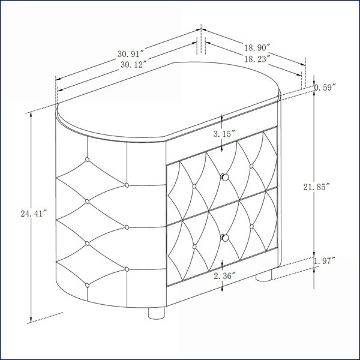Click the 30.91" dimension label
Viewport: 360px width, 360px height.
[x=130, y=54]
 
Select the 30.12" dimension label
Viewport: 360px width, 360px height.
[x=133, y=65]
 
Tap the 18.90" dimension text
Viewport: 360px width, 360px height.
[x=256, y=48]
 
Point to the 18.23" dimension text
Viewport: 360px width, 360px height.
[x=256, y=59]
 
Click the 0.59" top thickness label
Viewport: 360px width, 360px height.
[x=325, y=88]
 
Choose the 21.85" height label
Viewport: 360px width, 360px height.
[x=316, y=187]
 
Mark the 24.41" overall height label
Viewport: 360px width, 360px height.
[x=34, y=214]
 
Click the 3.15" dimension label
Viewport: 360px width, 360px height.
[x=224, y=134]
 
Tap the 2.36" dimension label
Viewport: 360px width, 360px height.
[x=224, y=276]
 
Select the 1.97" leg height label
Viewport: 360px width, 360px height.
[x=325, y=261]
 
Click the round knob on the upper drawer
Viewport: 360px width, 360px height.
[x=225, y=177]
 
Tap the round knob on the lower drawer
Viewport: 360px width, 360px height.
[x=225, y=238]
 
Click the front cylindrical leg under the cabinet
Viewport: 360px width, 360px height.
[x=157, y=313]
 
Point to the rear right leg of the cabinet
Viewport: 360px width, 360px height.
[x=263, y=275]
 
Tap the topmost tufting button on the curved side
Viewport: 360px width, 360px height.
[x=87, y=160]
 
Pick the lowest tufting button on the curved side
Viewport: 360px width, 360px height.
[x=87, y=286]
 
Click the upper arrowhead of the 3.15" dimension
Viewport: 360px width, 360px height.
[x=222, y=119]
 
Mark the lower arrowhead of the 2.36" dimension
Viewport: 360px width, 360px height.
[x=222, y=288]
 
